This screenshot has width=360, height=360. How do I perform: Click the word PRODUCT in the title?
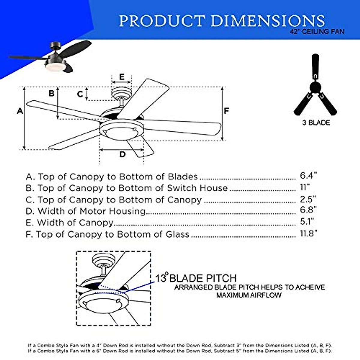pyautogui.click(x=162, y=21)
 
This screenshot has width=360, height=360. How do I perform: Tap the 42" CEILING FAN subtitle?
pyautogui.click(x=317, y=31)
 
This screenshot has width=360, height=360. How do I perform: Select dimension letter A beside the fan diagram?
pyautogui.click(x=20, y=111)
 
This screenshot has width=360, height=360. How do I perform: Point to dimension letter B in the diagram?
pyautogui.click(x=52, y=93)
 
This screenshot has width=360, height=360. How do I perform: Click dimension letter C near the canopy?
pyautogui.click(x=80, y=94)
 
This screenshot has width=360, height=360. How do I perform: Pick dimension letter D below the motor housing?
pyautogui.click(x=122, y=154)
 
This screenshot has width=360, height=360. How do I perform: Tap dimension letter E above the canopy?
pyautogui.click(x=121, y=77)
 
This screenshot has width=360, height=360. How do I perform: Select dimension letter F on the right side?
pyautogui.click(x=226, y=111)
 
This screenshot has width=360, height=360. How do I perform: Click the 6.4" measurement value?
pyautogui.click(x=308, y=176)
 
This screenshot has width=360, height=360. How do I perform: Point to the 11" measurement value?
pyautogui.click(x=304, y=187)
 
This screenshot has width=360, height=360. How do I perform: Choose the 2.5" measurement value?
pyautogui.click(x=308, y=199)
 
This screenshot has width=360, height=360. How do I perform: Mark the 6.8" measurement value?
pyautogui.click(x=308, y=210)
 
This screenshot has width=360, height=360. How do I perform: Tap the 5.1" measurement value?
pyautogui.click(x=307, y=222)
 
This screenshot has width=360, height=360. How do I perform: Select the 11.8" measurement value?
pyautogui.click(x=308, y=233)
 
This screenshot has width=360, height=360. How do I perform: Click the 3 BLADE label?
pyautogui.click(x=316, y=123)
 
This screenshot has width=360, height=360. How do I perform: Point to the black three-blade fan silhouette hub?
pyautogui.click(x=315, y=88)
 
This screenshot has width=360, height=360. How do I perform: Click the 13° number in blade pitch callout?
pyautogui.click(x=161, y=278)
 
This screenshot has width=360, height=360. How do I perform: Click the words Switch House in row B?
pyautogui.click(x=197, y=188)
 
